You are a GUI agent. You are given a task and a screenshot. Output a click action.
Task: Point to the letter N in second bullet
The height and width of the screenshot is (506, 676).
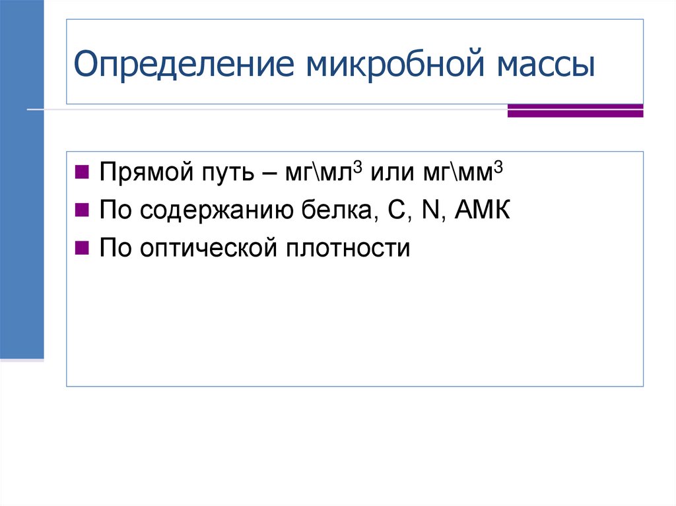coord(429,212)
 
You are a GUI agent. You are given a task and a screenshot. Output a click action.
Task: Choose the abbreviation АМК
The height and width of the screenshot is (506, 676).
coord(481,212)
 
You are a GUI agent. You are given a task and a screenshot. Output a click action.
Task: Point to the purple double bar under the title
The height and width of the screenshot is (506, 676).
coord(575,111)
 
